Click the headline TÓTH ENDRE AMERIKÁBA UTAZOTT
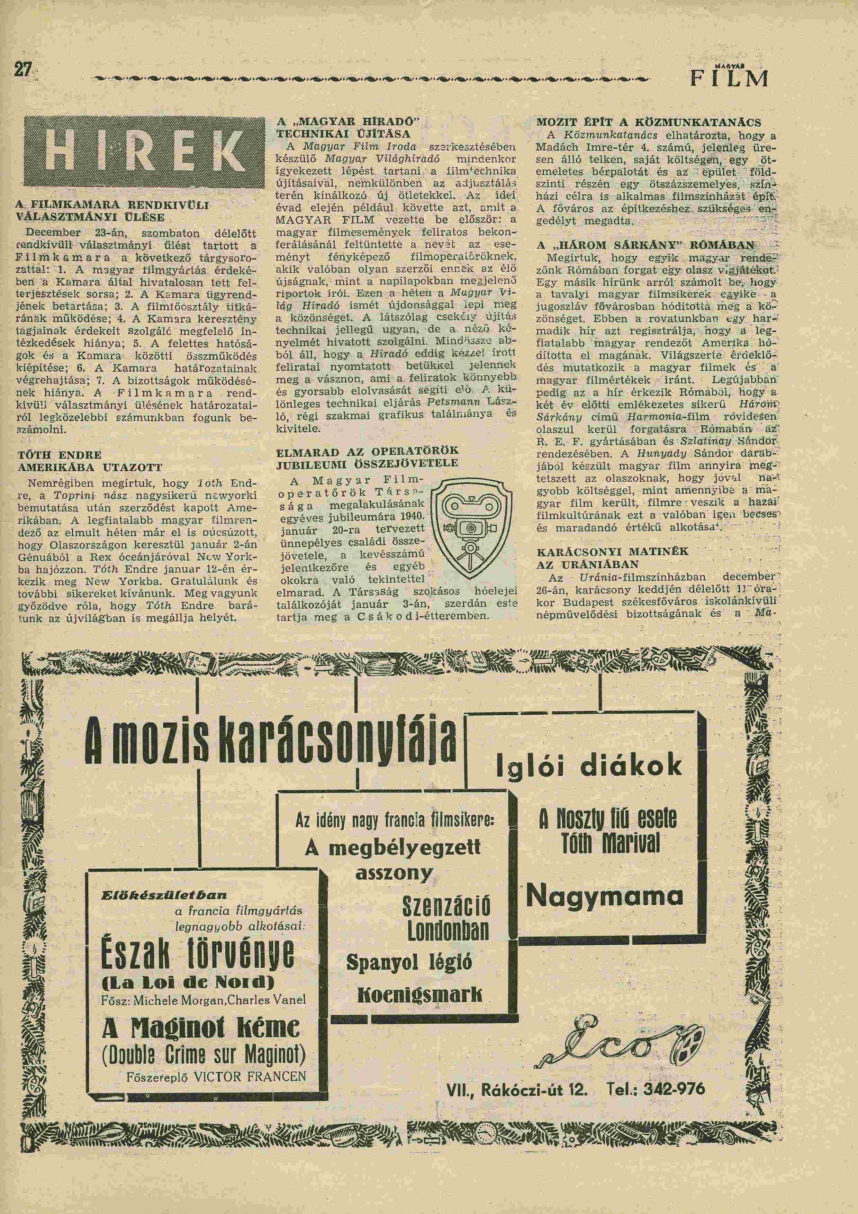[x=90, y=461]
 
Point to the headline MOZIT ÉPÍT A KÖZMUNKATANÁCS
[x=649, y=123]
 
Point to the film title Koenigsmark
[x=420, y=995]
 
